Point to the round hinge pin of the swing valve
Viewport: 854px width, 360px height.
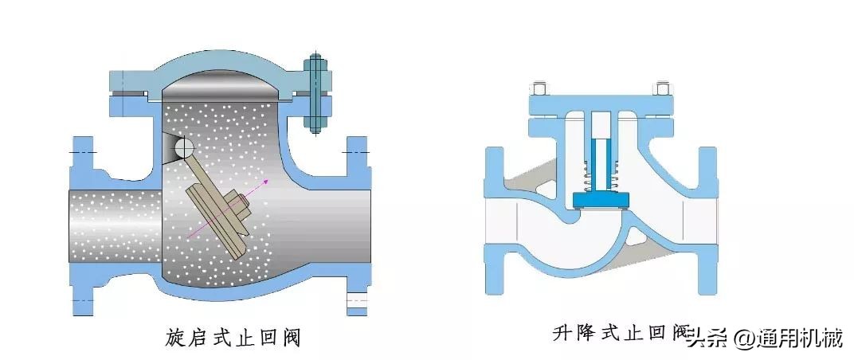click(183, 147)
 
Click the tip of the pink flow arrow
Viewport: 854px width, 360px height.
click(268, 181)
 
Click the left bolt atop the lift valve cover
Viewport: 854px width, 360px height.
click(539, 88)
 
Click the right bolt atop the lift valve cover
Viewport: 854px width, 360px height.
click(660, 88)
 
